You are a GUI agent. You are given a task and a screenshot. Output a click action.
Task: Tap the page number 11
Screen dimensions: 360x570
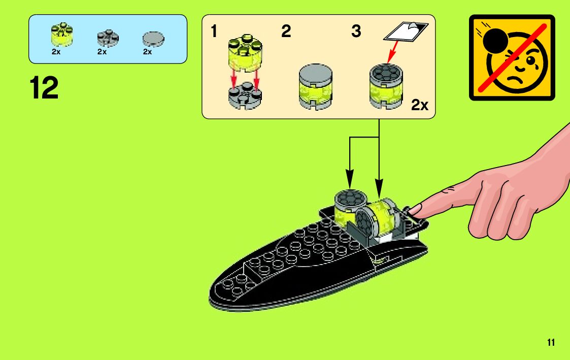tap(551, 342)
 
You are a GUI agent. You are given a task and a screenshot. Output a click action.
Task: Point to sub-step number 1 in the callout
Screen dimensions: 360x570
tap(214, 32)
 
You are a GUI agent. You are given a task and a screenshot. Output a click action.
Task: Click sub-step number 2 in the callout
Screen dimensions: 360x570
tap(286, 32)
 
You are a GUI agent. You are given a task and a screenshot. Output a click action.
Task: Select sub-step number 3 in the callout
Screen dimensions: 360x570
tap(356, 32)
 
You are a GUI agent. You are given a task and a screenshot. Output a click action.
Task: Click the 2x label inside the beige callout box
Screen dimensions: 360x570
tap(420, 105)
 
